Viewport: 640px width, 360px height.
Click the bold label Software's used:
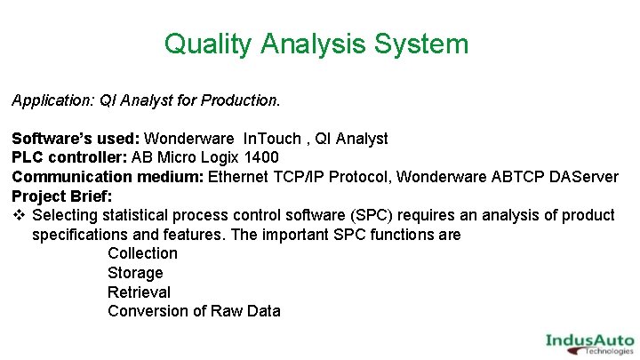click(76, 139)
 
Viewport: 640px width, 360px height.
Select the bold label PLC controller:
click(69, 158)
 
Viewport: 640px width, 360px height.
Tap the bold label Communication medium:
click(108, 177)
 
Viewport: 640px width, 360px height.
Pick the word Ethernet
click(241, 177)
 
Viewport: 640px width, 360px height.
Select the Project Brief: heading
click(61, 196)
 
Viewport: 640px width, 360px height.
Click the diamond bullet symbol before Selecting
click(19, 215)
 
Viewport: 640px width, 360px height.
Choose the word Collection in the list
click(142, 253)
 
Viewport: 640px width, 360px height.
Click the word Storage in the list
click(135, 273)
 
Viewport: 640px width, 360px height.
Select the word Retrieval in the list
click(139, 292)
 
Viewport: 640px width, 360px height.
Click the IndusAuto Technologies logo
click(589, 342)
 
